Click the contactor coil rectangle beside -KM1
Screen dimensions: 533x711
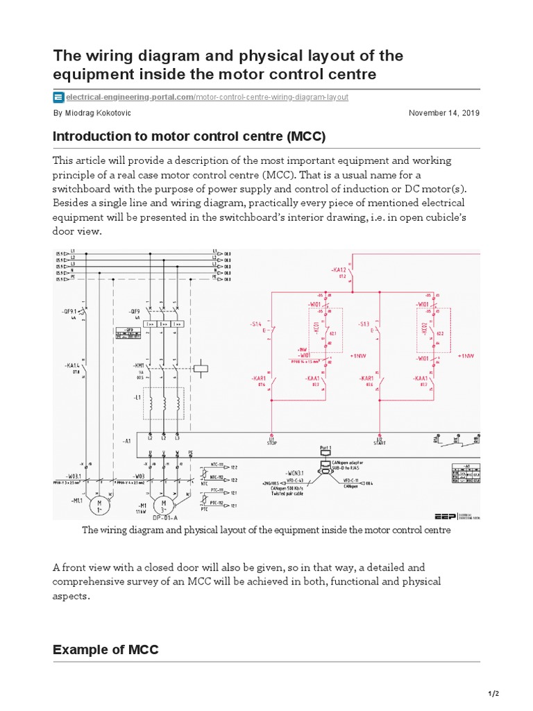pos(200,369)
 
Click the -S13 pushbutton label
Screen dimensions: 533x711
pos(364,324)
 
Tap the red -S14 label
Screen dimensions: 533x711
pos(255,324)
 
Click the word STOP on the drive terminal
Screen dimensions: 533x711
pos(271,442)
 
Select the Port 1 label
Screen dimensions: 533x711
pos(325,448)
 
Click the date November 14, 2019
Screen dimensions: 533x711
pos(444,113)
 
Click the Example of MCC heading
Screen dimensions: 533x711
pos(105,650)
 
